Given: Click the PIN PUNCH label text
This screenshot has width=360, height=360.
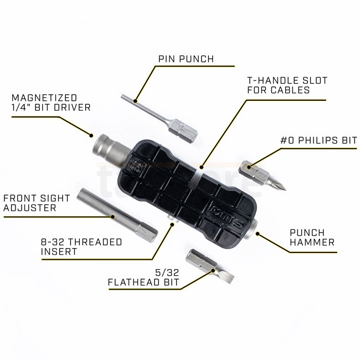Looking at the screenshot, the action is tap(186, 59).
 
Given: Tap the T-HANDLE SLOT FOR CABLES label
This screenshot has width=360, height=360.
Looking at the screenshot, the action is tap(287, 85).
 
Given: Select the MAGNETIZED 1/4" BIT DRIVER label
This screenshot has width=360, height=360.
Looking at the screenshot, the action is tap(51, 102).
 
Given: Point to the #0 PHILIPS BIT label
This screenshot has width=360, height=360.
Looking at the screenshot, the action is tap(318, 140).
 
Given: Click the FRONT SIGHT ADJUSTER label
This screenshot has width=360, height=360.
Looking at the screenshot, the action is tap(37, 203).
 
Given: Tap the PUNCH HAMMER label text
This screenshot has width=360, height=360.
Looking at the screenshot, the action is tap(312, 238).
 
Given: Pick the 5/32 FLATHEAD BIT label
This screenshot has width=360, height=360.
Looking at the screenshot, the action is tap(143, 277).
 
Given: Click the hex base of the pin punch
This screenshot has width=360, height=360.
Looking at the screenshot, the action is tap(183, 130).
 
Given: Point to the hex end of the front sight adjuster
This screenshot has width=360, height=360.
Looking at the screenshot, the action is tap(146, 232).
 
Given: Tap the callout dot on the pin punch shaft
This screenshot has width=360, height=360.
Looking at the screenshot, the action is tap(136, 101).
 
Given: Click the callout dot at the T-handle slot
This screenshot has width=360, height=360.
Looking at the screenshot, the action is tap(202, 167).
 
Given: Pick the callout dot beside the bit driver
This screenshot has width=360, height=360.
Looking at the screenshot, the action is tap(91, 136).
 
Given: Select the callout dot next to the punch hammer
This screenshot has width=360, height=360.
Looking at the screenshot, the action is tap(258, 234).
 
